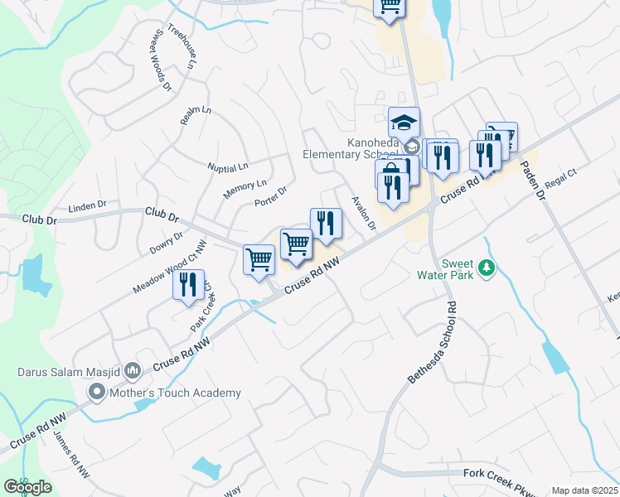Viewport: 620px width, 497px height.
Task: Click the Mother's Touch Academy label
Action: pyautogui.click(x=176, y=393)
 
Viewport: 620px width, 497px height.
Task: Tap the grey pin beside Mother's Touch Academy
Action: pyautogui.click(x=97, y=392)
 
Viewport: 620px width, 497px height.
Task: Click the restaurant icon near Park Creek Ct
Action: pyautogui.click(x=188, y=286)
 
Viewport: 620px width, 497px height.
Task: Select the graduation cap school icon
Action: pyautogui.click(x=404, y=123)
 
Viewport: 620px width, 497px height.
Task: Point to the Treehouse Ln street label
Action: pyautogui.click(x=184, y=46)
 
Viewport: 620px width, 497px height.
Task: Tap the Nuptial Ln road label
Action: pyautogui.click(x=228, y=167)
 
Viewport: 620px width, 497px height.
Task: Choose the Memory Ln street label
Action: pyautogui.click(x=245, y=190)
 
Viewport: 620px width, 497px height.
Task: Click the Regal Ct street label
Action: pyautogui.click(x=561, y=182)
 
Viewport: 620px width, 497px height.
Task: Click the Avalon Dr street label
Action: pyautogui.click(x=363, y=214)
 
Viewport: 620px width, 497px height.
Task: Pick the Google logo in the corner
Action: pyautogui.click(x=27, y=487)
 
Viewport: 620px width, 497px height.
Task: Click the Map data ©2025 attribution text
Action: pyautogui.click(x=584, y=490)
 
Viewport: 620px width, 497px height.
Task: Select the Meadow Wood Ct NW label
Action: pyautogui.click(x=168, y=265)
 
